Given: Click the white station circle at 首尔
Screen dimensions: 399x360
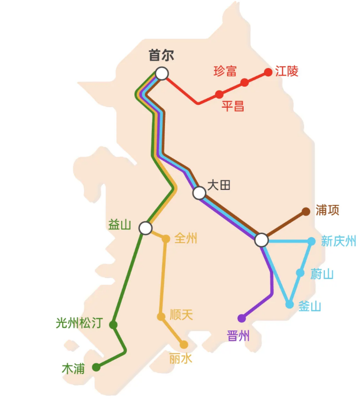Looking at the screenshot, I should point(161,73).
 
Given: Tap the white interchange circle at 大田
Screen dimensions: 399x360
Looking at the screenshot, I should point(199,193).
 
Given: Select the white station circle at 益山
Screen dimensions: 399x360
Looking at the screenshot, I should point(145,228).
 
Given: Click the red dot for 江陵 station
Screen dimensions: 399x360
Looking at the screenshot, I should point(268,72).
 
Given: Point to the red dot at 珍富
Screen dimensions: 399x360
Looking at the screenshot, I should point(245,82).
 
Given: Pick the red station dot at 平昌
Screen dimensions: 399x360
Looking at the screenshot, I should point(220,94).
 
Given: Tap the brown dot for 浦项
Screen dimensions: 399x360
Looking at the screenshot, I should point(306,211).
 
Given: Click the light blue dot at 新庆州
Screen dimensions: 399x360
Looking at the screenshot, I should point(311,241).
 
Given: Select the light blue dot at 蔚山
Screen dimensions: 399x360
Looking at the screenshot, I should point(300,273).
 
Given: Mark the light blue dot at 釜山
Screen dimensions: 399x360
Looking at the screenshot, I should point(290,304).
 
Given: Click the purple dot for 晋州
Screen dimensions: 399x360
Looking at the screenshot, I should point(242,318).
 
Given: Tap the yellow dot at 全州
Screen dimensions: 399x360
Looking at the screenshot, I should point(166,239).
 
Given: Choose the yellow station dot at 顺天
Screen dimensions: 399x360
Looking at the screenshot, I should point(161,316).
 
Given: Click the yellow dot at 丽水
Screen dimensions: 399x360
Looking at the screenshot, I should point(184,344).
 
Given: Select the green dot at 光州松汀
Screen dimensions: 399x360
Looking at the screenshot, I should point(113,324).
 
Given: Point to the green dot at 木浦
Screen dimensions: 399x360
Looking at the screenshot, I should point(96,367).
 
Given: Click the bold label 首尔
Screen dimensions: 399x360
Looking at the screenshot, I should point(161,55).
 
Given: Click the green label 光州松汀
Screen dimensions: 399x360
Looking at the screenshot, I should point(79,323).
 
